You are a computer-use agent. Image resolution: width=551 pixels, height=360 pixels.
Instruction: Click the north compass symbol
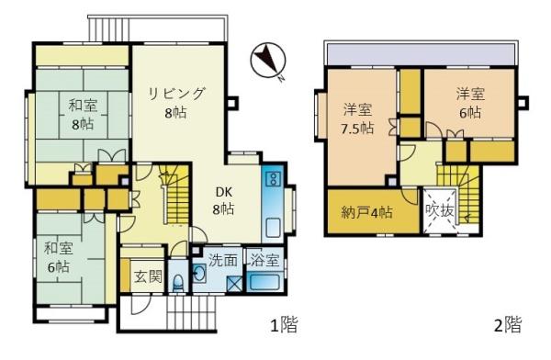268,61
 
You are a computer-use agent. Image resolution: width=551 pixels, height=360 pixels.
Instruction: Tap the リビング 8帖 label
176,103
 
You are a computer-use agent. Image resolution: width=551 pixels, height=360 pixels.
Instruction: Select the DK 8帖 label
223,201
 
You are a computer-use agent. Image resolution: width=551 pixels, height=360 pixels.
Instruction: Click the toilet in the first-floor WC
178,282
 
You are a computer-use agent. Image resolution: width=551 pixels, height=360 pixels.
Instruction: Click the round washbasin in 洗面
199,273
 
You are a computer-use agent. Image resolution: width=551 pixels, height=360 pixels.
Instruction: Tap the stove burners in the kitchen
273,178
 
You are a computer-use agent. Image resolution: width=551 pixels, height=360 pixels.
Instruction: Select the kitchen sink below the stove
273,228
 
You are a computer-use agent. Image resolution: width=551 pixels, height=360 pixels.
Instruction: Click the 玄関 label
149,276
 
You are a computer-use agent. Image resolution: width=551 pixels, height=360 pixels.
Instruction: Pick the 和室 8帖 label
83,115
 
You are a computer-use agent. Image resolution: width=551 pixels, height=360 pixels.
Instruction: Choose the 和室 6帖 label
59,258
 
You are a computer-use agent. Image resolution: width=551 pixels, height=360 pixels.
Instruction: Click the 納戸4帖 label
366,213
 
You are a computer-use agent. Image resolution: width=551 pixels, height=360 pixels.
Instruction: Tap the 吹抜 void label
439,210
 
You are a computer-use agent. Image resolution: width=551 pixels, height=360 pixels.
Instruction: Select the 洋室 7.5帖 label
356,118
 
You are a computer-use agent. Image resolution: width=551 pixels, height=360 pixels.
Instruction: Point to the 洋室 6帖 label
470,103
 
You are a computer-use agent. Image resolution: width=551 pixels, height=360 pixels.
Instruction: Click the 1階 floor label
284,324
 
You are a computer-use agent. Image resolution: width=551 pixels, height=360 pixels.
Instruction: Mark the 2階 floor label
508,324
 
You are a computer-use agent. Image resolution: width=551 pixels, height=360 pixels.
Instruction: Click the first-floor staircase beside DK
175,195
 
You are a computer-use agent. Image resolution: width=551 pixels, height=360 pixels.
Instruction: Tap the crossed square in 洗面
234,284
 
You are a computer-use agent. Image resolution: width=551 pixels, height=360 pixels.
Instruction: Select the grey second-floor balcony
421,55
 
